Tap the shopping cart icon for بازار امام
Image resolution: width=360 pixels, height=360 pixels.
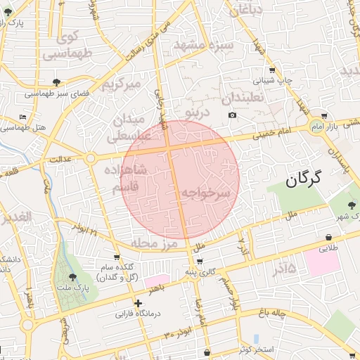[x=323, y=115]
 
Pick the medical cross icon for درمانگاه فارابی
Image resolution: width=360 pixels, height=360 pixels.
[x=138, y=304]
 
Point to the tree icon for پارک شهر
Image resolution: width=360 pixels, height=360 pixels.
[x=352, y=205]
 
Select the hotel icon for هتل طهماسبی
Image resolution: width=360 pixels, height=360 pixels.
[x=23, y=117]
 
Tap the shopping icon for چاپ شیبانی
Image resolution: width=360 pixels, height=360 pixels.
[x=272, y=70]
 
